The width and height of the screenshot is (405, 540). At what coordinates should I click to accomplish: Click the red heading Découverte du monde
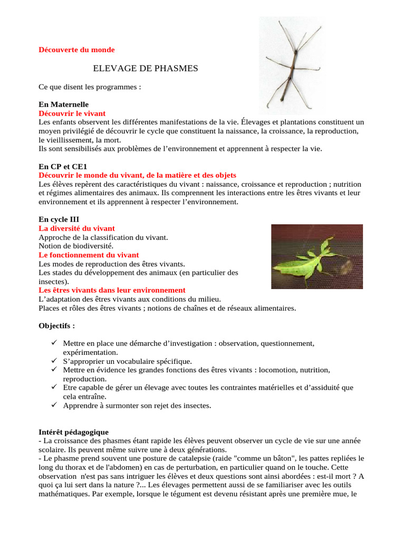tap(76, 50)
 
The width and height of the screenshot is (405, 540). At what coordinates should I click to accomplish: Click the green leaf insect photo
tap(317, 256)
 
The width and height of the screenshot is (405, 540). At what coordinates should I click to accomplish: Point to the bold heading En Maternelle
tap(64, 104)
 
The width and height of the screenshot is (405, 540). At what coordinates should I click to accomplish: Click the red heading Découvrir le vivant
tap(72, 113)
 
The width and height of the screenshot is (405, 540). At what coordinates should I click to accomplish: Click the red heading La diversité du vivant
tap(76, 228)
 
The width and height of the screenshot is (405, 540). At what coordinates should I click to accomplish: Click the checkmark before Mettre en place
tap(54, 343)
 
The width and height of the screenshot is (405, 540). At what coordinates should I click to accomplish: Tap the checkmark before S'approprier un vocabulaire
tap(54, 361)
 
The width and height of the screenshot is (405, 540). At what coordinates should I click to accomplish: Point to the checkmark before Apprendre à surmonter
tap(54, 405)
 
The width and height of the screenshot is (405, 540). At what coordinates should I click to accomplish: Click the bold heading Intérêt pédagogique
tap(74, 432)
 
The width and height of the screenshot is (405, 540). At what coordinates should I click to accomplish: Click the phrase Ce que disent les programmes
tap(90, 87)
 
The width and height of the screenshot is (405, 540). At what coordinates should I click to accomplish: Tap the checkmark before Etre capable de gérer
tap(54, 388)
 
